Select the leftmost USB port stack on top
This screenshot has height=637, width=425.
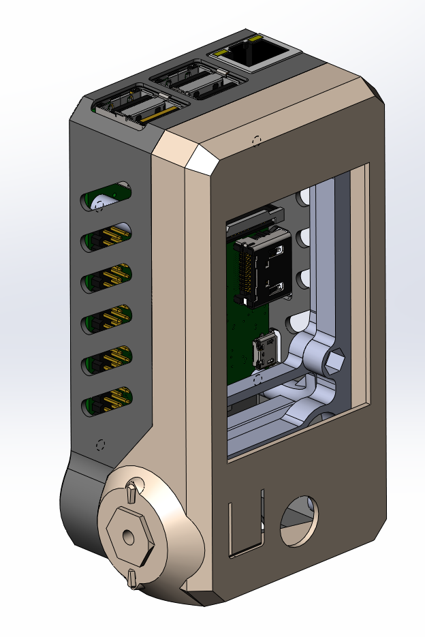point(140,106)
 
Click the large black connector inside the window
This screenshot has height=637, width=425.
point(268,270)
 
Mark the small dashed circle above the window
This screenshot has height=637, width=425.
point(256,140)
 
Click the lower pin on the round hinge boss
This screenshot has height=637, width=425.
point(133,579)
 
